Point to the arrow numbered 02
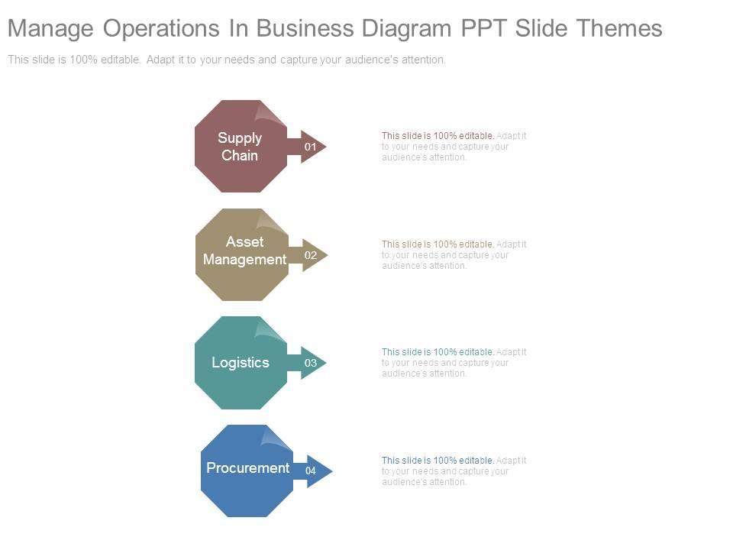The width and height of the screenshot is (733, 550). pyautogui.click(x=311, y=255)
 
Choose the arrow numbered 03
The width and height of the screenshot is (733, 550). pyautogui.click(x=310, y=364)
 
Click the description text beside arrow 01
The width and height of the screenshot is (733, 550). pyautogui.click(x=454, y=147)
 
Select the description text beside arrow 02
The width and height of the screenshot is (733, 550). pyautogui.click(x=454, y=255)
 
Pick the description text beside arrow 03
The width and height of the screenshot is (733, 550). pyautogui.click(x=454, y=363)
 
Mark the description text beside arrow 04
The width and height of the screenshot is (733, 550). pyautogui.click(x=454, y=471)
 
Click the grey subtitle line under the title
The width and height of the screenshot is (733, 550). pyautogui.click(x=227, y=60)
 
